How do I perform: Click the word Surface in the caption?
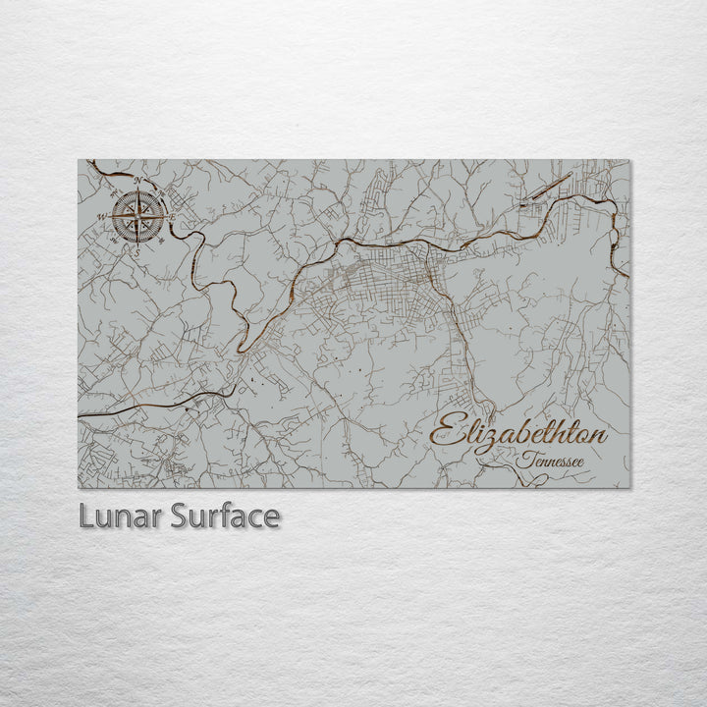pos(223,517)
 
